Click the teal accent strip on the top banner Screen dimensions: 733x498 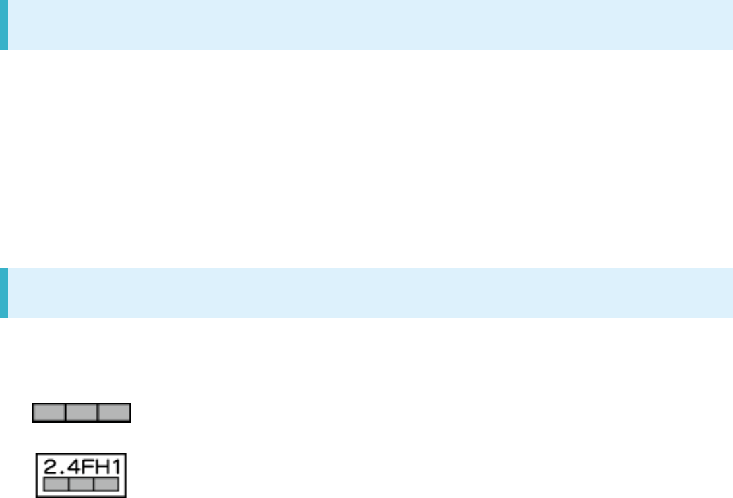[3, 25]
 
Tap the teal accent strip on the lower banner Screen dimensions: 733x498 [3, 293]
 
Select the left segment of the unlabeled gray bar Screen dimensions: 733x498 [50, 413]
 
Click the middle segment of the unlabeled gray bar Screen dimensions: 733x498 [82, 413]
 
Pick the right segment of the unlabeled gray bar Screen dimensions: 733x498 [114, 413]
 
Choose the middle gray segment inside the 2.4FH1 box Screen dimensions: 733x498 [82, 483]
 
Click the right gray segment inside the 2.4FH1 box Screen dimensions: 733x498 [106, 483]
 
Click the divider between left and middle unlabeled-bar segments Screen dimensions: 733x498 [66, 413]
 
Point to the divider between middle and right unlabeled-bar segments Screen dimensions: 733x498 [98, 413]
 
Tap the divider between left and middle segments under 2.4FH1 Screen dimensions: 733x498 [69, 483]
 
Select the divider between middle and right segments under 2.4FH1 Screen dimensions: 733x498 [94, 483]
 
